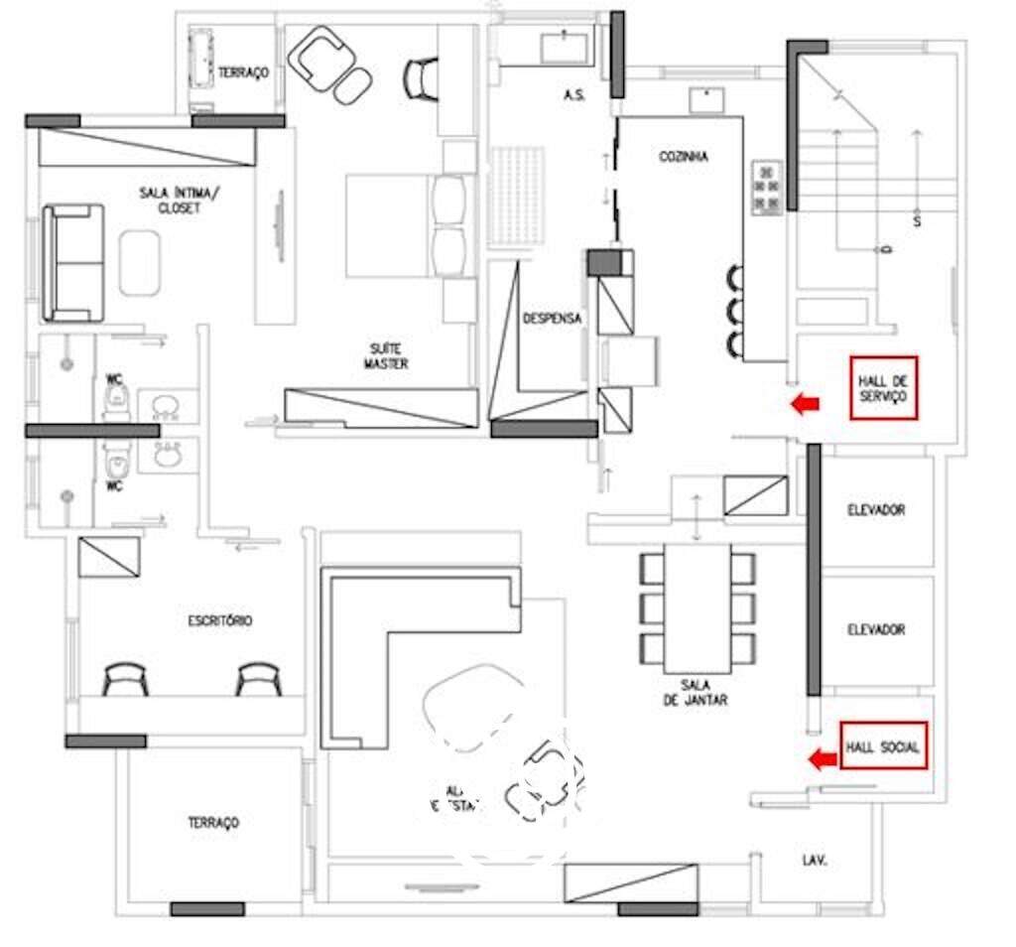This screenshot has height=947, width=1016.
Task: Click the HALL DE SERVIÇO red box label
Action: tap(883, 387)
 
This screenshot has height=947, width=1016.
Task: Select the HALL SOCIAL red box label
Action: tap(883, 746)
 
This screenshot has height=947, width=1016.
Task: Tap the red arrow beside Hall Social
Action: tap(821, 760)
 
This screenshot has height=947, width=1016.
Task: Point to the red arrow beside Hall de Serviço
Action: tap(805, 403)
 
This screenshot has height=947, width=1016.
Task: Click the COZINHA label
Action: tap(683, 157)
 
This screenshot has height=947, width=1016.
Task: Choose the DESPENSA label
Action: tap(552, 319)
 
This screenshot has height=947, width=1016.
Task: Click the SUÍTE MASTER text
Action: tap(386, 356)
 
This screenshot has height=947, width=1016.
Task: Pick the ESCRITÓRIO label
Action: tap(219, 620)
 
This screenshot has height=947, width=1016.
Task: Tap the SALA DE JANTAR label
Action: tap(704, 692)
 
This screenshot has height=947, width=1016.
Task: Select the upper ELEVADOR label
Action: tap(876, 510)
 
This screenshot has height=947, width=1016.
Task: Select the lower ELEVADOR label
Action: tap(876, 629)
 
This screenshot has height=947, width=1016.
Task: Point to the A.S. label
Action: tap(572, 95)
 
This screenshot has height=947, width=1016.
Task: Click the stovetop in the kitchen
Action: tap(767, 188)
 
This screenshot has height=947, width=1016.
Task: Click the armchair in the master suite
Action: tap(318, 58)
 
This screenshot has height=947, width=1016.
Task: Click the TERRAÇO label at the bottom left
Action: tap(213, 823)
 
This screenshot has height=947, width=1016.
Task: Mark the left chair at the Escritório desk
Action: tap(126, 679)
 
